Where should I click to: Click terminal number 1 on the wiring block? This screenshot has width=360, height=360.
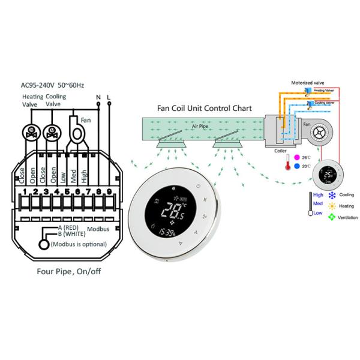pyautogui.click(x=24, y=193)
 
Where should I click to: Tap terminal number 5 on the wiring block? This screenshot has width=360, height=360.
pyautogui.click(x=67, y=193)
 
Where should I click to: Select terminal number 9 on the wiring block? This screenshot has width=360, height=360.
pyautogui.click(x=109, y=193)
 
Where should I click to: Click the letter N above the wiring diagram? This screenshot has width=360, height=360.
pyautogui.click(x=98, y=96)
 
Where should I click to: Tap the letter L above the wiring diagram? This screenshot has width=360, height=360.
pyautogui.click(x=109, y=96)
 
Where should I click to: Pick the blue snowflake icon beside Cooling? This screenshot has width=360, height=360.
pyautogui.click(x=331, y=195)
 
